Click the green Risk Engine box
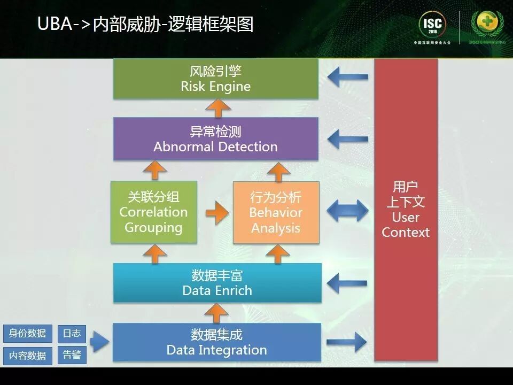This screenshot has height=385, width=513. [x=216, y=79]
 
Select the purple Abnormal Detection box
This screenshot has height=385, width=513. [x=216, y=138]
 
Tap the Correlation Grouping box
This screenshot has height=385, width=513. [x=153, y=212]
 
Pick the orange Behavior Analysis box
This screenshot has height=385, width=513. [x=276, y=212]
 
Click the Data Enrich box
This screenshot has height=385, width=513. [x=217, y=283]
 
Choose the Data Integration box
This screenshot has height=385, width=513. [x=217, y=342]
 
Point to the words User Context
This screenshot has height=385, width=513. [x=406, y=225]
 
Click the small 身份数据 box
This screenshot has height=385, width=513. [x=27, y=333]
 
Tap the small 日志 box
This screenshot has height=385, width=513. [x=72, y=333]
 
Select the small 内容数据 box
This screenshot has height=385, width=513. [x=27, y=356]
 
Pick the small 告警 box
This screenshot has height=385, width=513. [x=72, y=355]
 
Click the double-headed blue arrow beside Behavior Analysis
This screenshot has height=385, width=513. [x=347, y=211]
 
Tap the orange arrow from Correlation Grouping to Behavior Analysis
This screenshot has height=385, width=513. [x=216, y=212]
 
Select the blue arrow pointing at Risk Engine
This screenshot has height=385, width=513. [x=347, y=78]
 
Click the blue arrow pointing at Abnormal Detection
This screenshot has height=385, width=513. [x=347, y=140]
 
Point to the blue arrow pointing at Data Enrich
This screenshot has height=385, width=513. [x=347, y=283]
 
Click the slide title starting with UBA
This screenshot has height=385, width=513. [x=145, y=24]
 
